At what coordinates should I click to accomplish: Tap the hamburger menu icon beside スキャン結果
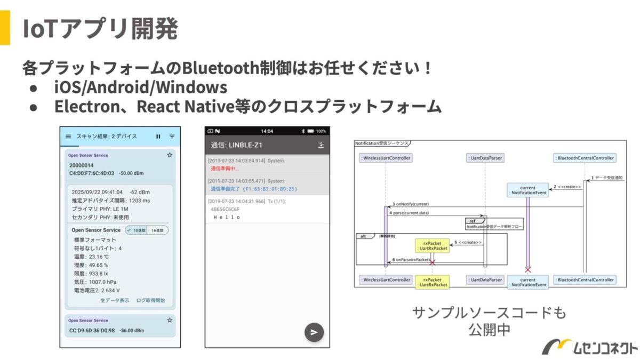click(68, 137)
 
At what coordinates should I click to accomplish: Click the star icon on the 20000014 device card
click(170, 155)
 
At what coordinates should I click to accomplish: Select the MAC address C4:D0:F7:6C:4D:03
click(92, 173)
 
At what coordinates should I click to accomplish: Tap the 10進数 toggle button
click(136, 230)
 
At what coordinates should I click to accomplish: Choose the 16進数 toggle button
click(157, 230)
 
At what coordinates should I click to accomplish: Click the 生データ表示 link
click(115, 300)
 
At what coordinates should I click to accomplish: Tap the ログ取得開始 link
click(150, 300)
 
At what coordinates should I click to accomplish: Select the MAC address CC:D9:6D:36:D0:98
click(92, 330)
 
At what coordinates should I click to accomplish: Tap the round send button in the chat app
click(314, 332)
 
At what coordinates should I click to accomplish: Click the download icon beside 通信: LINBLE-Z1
click(321, 145)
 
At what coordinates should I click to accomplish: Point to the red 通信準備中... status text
click(225, 169)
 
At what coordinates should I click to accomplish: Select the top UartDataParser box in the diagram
click(485, 158)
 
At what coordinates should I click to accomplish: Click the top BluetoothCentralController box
click(585, 158)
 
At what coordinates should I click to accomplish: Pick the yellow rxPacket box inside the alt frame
click(432, 245)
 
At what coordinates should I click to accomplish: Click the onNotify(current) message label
click(411, 204)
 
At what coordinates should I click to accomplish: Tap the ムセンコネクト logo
click(589, 347)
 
